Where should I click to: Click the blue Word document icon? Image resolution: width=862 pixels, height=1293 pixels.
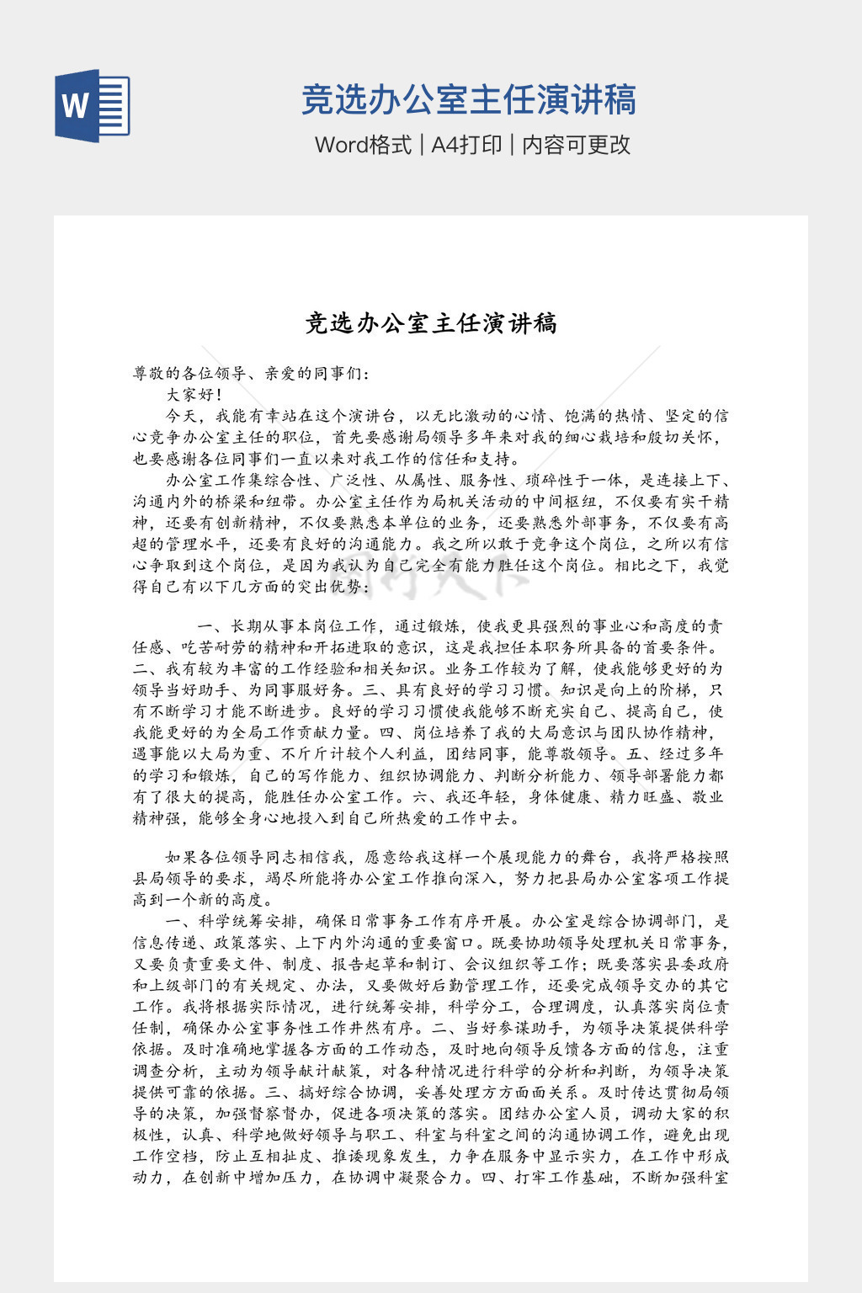click(92, 106)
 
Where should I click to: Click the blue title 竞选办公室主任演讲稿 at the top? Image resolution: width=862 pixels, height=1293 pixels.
click(468, 99)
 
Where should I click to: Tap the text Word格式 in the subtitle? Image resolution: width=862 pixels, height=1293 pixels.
click(363, 145)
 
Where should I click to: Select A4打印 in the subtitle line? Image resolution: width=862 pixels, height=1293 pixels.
click(466, 145)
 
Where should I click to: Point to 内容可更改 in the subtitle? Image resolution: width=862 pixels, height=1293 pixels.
click(576, 145)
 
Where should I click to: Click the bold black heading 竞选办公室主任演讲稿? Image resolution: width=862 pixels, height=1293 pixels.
click(430, 323)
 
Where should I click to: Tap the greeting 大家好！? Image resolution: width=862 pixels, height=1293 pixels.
click(194, 394)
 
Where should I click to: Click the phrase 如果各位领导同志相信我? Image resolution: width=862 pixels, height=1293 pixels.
click(257, 857)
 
